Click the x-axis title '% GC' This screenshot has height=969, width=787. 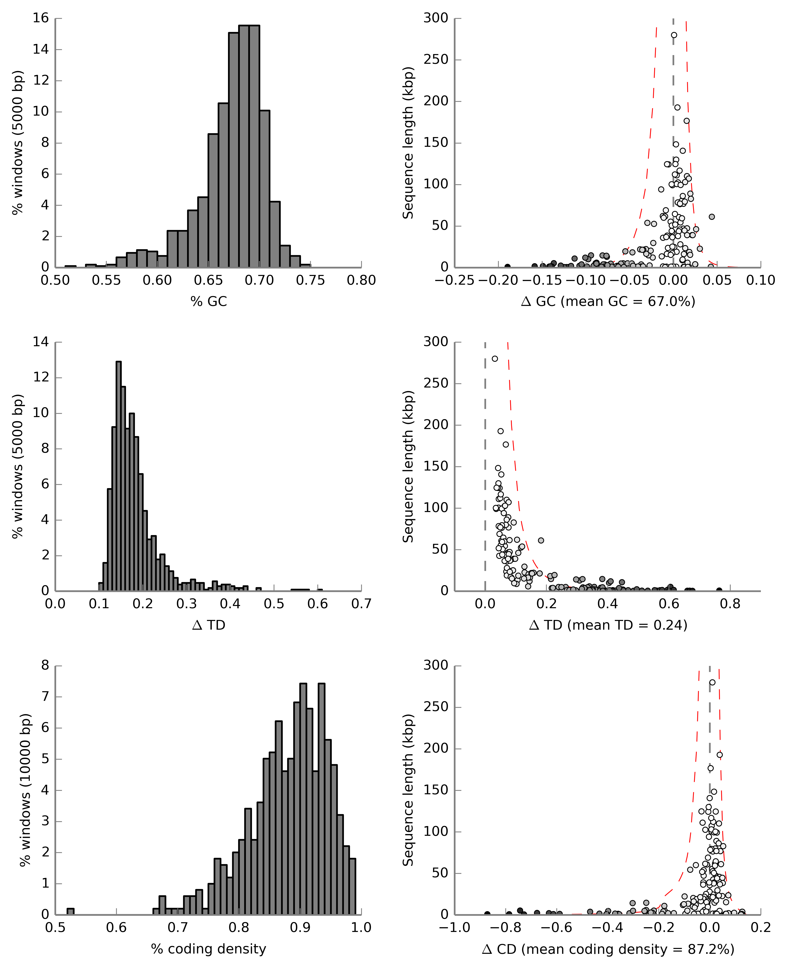[x=209, y=301]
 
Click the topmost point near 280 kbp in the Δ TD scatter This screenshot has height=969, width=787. [x=495, y=359]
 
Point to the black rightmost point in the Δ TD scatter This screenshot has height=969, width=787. [x=719, y=590]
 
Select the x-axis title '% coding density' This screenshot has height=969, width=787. [x=209, y=949]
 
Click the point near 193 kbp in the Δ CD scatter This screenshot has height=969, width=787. [x=719, y=755]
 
